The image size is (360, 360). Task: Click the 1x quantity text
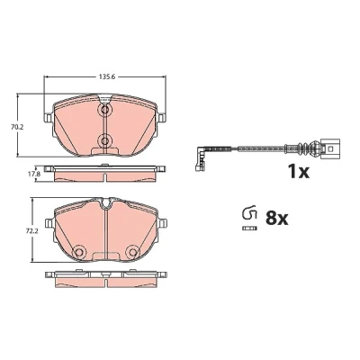(299, 171)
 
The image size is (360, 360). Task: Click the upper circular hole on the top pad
(105, 110)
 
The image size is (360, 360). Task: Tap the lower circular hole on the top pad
(105, 140)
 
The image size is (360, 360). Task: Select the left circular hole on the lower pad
(80, 252)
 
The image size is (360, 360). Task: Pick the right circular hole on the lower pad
(132, 252)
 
